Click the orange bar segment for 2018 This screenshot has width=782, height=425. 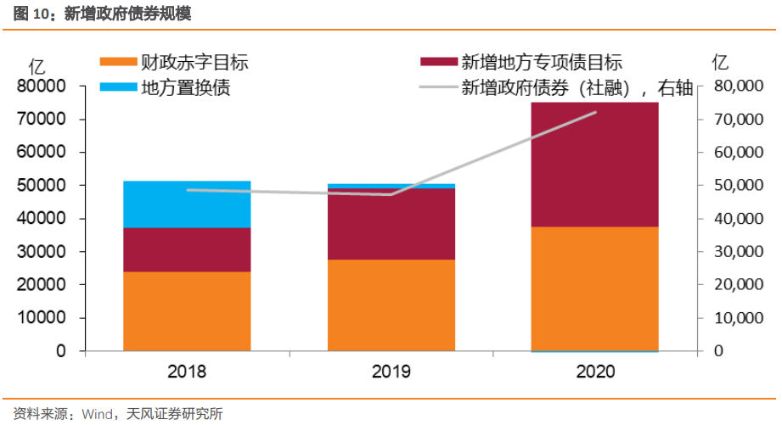click(x=187, y=310)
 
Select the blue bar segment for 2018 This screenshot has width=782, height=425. click(x=187, y=204)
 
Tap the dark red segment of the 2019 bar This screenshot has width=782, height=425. click(x=391, y=224)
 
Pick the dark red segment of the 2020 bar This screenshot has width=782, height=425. click(x=594, y=165)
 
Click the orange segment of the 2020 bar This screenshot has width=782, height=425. click(x=594, y=288)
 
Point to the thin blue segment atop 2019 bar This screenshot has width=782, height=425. click(x=391, y=186)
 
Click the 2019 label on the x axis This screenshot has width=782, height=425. click(x=391, y=371)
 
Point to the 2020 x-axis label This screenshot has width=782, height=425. click(x=594, y=371)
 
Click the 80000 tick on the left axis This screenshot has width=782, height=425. click(x=41, y=87)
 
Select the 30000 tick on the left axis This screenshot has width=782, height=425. click(x=41, y=252)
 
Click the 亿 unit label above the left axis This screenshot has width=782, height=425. click(x=37, y=64)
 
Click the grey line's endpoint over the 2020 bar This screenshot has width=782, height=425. click(x=595, y=112)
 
